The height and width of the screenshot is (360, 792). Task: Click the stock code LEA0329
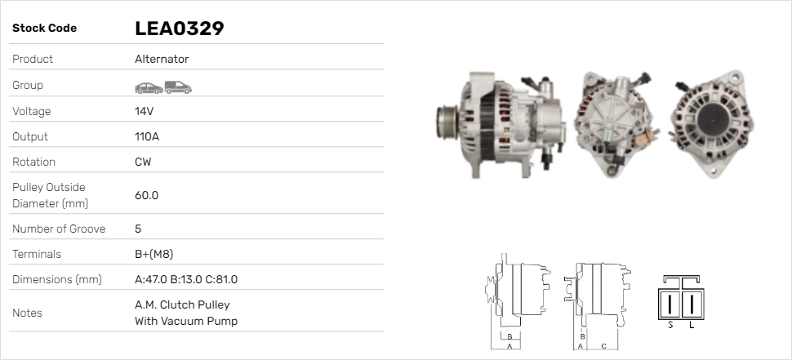click(x=180, y=29)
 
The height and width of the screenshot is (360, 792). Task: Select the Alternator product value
click(x=162, y=59)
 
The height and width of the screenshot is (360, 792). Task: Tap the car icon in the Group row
click(x=149, y=88)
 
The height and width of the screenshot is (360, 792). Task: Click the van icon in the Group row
click(x=178, y=87)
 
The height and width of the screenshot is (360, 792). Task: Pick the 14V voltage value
click(x=144, y=111)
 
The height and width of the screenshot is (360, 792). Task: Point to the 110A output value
click(x=147, y=136)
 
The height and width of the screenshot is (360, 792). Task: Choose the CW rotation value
click(x=143, y=162)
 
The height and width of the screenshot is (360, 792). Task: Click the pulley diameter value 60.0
click(x=146, y=195)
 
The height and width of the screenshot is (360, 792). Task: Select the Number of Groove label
click(x=59, y=229)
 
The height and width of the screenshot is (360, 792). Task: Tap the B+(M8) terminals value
click(x=154, y=254)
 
